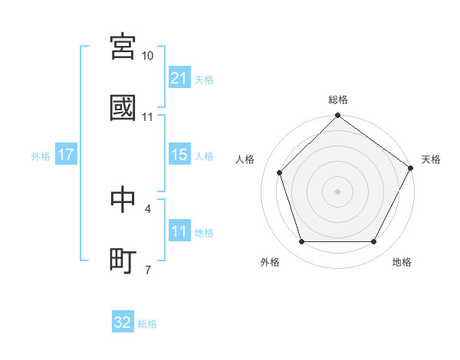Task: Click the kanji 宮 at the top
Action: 123,47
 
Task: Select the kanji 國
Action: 123,108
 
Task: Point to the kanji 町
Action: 123,260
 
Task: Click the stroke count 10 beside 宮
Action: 148,56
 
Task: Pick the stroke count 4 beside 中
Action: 148,208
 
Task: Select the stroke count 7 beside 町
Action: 148,270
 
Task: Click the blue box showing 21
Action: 179,78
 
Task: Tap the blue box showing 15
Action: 179,155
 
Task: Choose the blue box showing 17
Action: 66,155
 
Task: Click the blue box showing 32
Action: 123,322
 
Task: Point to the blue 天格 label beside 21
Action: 204,79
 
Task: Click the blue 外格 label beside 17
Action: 41,155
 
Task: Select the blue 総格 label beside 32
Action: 147,323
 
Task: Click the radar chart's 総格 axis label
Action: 338,100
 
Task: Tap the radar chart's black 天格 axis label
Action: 431,159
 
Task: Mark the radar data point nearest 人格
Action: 280,172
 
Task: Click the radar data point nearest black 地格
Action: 373,242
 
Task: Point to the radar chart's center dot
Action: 338,191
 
